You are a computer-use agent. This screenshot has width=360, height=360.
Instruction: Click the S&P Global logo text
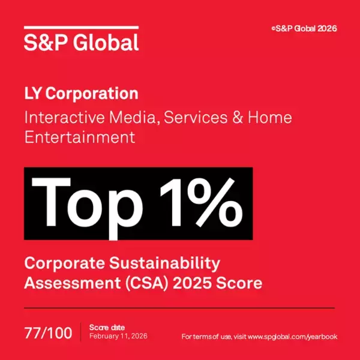point(81,42)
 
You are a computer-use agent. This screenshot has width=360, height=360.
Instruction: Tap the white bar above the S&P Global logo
point(81,28)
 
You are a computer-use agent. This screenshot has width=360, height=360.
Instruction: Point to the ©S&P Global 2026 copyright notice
point(304,28)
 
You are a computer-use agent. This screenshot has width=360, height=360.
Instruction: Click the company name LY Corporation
point(81,94)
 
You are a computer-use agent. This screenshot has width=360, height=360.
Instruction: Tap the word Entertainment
point(79,137)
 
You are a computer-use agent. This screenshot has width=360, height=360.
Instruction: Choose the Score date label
point(107,327)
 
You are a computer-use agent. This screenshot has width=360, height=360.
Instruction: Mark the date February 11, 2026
point(118,336)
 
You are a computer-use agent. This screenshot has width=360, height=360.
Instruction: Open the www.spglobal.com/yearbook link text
point(292,337)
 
